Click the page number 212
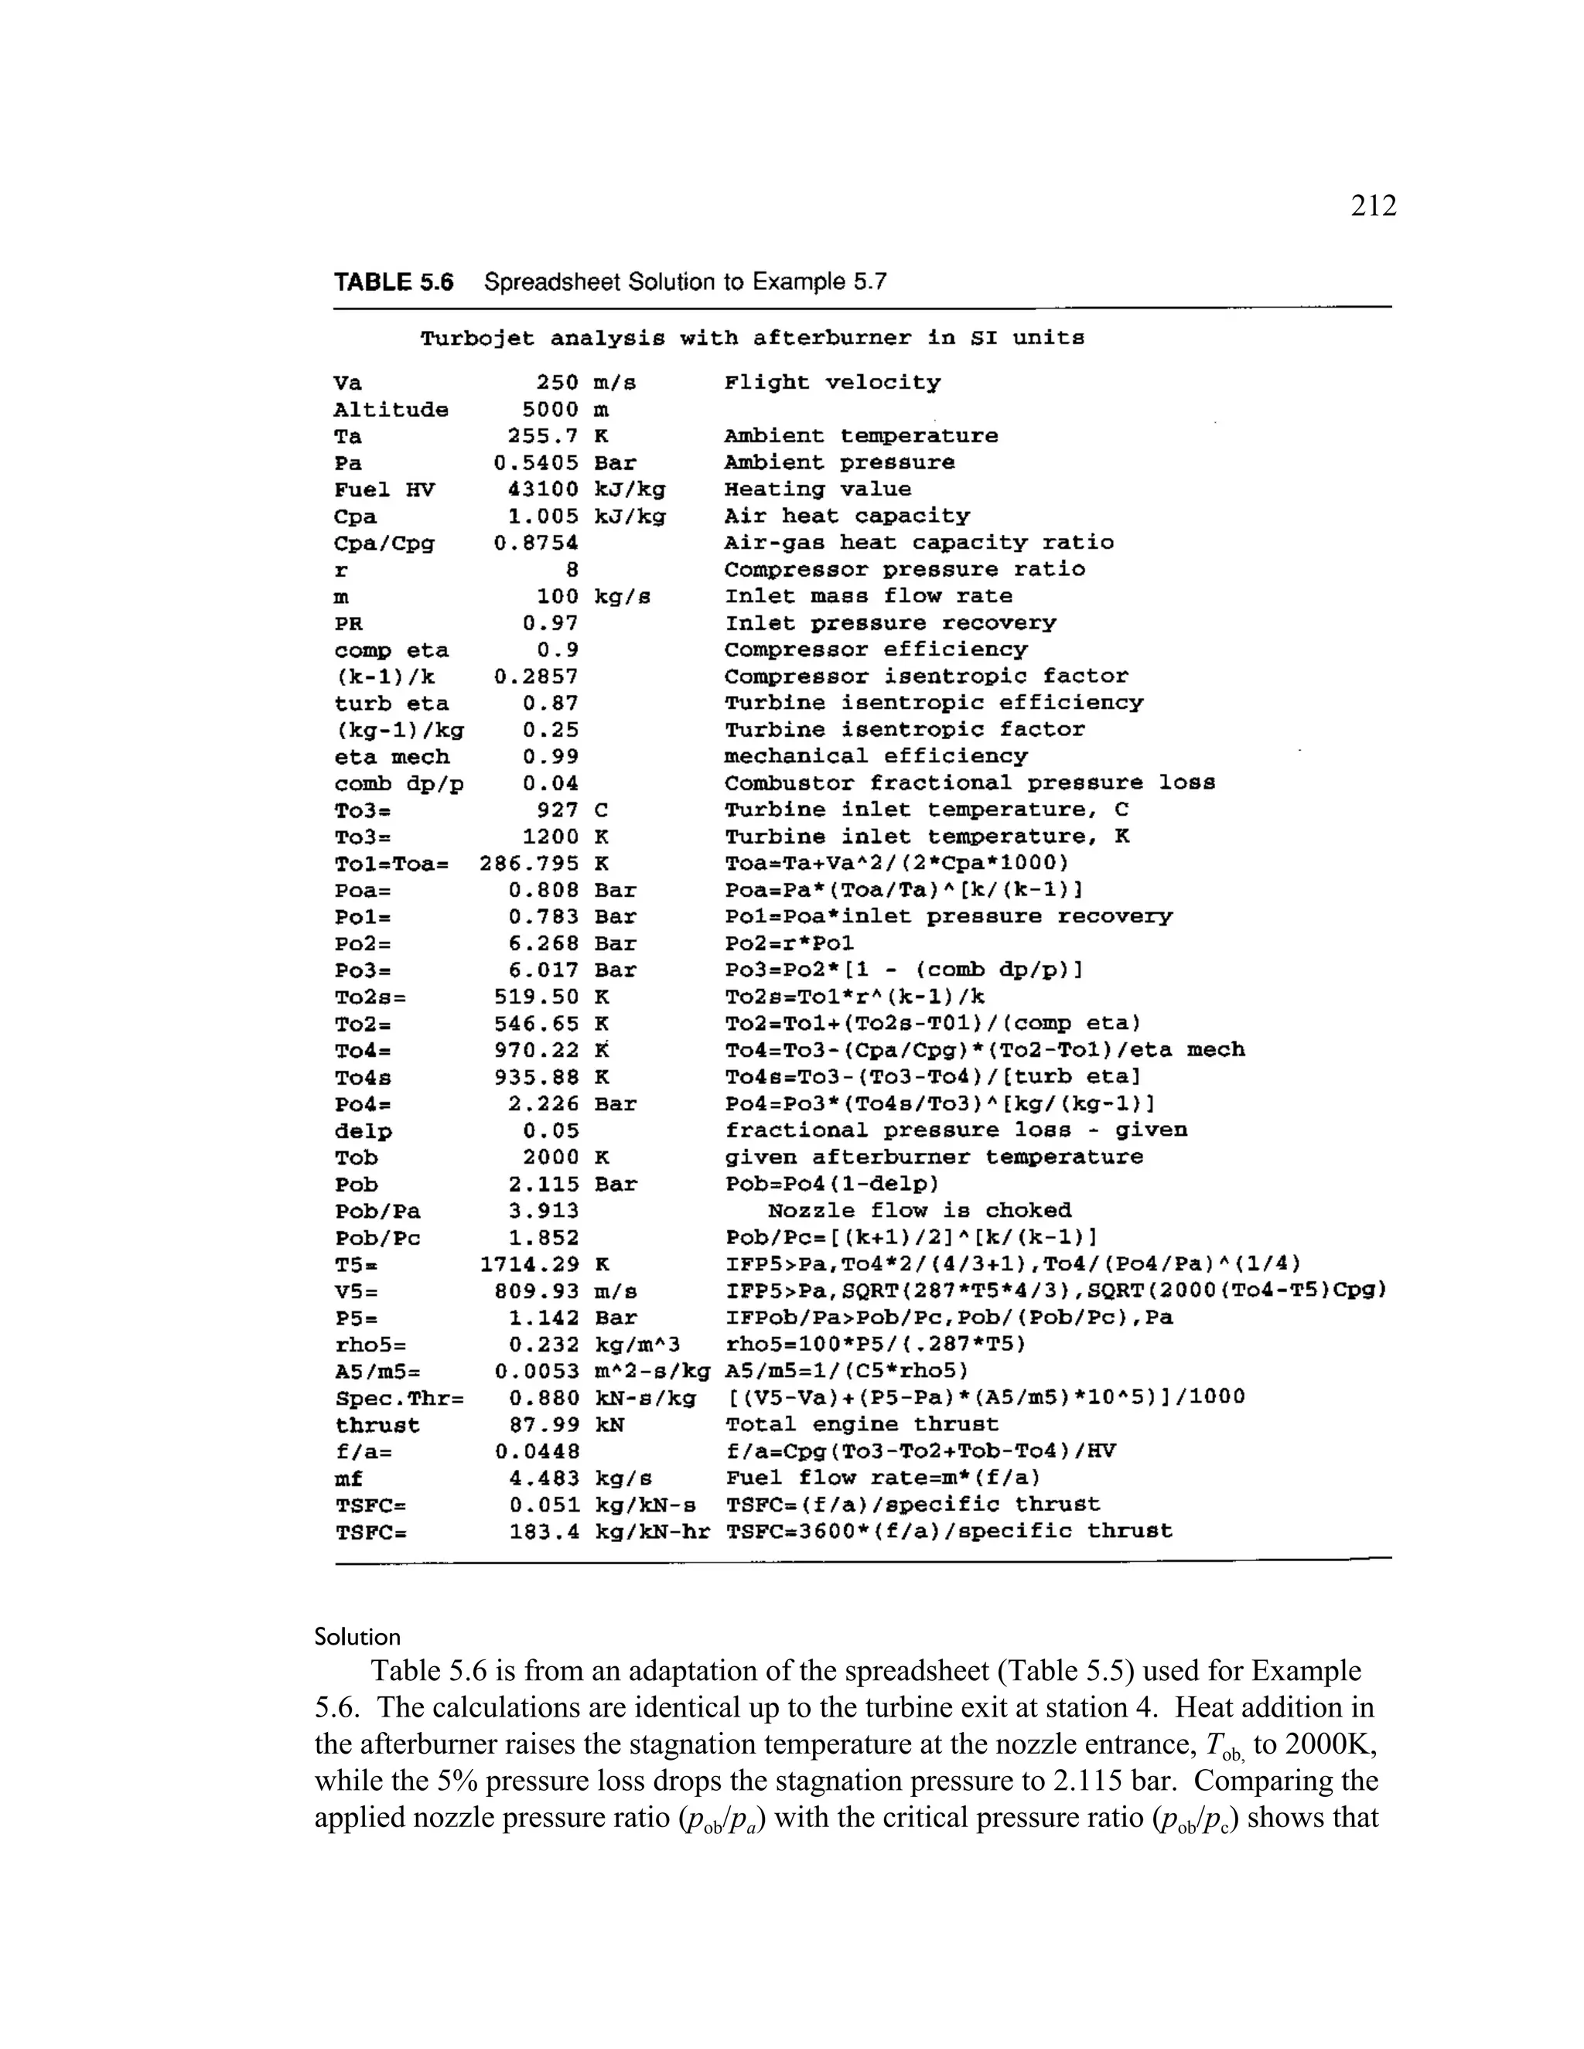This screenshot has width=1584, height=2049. tap(1373, 206)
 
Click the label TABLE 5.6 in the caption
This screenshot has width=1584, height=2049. tap(393, 282)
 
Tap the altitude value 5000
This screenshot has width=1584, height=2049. tap(550, 410)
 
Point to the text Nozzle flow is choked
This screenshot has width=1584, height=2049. tap(919, 1211)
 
